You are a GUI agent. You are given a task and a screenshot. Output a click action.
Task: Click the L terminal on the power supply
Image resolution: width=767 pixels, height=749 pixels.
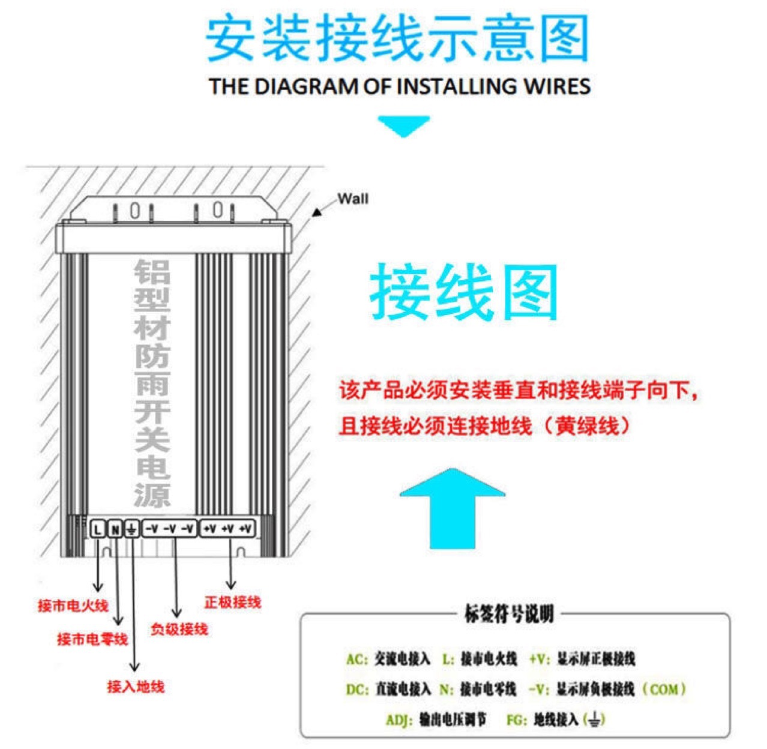97,529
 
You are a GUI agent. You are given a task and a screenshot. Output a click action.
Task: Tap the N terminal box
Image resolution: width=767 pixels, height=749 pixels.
114,529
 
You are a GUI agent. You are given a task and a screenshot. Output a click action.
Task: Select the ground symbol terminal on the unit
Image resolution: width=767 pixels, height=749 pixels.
131,529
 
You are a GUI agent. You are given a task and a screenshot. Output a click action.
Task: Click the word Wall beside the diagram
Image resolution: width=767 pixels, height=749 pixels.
353,199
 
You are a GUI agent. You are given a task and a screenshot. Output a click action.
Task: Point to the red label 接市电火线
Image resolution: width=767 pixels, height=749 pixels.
73,606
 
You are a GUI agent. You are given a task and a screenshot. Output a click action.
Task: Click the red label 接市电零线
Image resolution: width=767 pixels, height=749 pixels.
92,639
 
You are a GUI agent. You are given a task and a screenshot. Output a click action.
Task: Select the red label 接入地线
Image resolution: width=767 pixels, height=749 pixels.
136,687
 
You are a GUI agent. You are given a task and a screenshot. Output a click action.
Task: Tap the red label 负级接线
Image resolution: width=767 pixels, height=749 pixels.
179,629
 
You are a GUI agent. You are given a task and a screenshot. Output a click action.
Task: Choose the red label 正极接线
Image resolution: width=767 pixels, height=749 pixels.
233,602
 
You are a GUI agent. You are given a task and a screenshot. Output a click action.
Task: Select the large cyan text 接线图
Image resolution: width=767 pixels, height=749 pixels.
464,293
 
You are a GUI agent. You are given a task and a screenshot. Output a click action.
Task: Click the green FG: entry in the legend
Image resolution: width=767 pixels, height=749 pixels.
517,719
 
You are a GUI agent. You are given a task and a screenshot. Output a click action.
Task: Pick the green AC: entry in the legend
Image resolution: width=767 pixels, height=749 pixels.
357,659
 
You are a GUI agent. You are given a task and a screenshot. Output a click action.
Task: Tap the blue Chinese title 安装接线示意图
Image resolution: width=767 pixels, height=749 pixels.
397,39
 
